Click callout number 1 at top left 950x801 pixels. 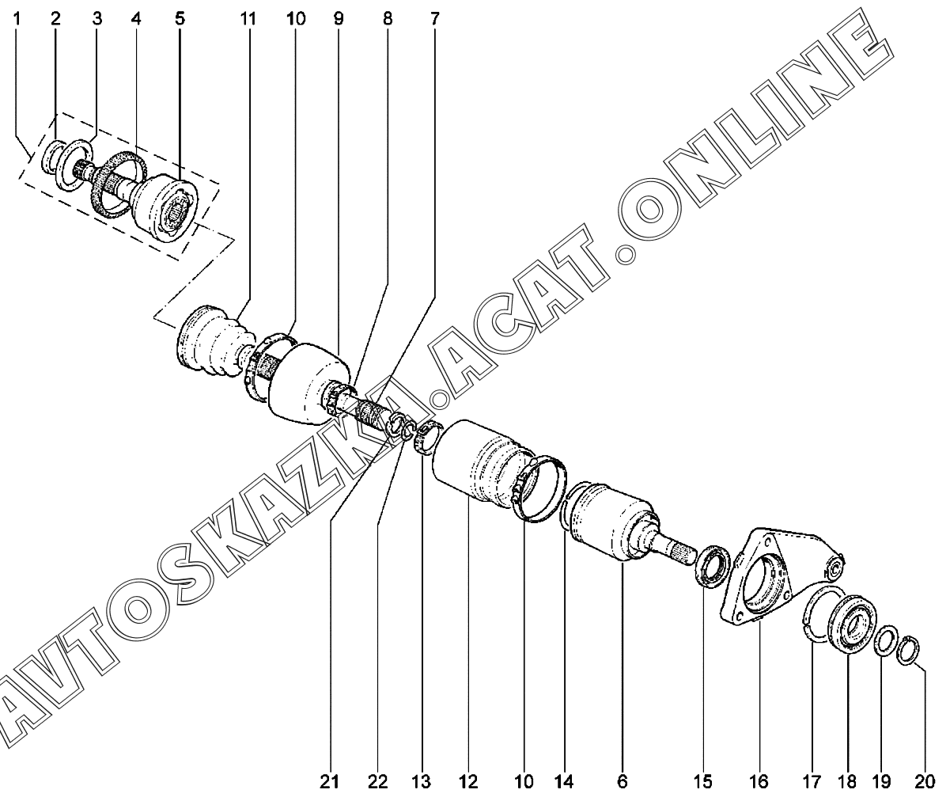[17, 17]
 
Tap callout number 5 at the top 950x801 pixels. [180, 17]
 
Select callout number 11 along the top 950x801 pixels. [248, 17]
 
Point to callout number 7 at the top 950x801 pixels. [435, 17]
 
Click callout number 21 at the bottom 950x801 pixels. [329, 783]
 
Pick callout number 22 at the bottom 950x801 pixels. [377, 783]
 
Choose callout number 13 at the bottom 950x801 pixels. [421, 783]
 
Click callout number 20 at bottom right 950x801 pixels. [924, 783]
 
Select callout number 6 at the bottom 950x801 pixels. [622, 783]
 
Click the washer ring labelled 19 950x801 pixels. [888, 640]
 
